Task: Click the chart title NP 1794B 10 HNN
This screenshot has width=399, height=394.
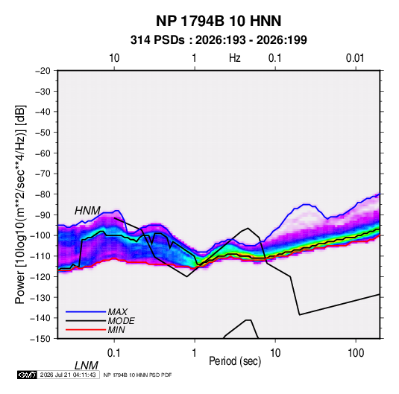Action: point(219,21)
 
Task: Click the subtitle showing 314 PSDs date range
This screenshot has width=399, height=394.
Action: point(219,40)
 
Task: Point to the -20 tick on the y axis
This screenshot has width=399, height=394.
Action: point(43,71)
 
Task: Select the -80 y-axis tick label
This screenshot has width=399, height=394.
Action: point(43,194)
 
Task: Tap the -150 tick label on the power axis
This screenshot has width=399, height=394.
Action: point(41,339)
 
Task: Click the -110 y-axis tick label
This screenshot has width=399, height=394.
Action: point(41,256)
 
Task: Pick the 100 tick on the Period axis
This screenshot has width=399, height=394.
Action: point(356,353)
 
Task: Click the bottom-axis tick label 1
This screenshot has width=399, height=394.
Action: point(195,353)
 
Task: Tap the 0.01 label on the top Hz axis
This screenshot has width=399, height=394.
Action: point(355,58)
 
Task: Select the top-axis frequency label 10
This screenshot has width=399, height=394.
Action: point(114,58)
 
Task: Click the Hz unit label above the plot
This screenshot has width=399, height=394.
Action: point(235,58)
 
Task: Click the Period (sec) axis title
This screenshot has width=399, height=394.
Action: point(235,361)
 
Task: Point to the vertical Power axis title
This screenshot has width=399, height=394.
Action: point(20,205)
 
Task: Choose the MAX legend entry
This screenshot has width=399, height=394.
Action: point(118,312)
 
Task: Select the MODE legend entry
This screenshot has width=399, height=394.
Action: point(121,321)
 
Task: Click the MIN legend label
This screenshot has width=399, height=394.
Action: point(116,330)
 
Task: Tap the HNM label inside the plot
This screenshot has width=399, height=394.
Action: point(87,211)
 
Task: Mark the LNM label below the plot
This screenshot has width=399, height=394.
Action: point(87,366)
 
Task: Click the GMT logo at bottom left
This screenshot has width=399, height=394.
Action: point(28,375)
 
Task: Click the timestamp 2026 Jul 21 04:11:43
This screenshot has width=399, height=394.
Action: point(68,375)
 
